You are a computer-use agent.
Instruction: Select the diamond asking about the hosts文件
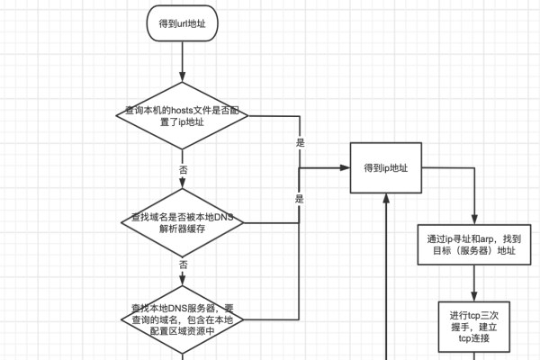[x=183, y=115]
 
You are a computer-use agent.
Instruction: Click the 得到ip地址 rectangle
[x=386, y=167]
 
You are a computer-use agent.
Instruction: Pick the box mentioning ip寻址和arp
[x=472, y=246]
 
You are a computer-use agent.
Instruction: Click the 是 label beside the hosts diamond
[x=300, y=143]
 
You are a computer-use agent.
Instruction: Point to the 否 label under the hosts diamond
[x=183, y=169]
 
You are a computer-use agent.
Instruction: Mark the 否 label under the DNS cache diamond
[x=183, y=265]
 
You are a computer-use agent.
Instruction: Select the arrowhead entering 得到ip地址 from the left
[x=345, y=167]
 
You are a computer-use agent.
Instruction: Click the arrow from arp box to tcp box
[x=472, y=286]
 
